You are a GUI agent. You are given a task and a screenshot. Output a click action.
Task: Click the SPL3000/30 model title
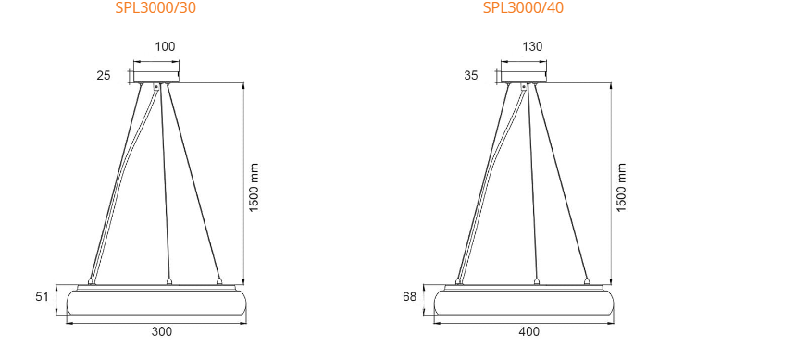click(x=155, y=9)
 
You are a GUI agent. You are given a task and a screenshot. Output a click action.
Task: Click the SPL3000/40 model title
click(x=523, y=9)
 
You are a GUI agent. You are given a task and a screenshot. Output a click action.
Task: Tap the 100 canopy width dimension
click(x=164, y=46)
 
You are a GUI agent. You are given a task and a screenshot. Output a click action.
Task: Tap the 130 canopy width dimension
click(x=532, y=46)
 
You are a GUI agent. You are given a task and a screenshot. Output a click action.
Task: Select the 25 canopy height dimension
click(x=103, y=75)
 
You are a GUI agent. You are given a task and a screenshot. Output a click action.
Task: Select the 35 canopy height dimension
click(x=471, y=75)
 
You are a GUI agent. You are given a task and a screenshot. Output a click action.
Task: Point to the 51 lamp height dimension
click(x=42, y=296)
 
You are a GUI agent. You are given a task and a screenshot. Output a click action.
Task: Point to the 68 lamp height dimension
click(x=410, y=296)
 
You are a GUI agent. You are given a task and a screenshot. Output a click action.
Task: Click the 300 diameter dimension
click(x=161, y=330)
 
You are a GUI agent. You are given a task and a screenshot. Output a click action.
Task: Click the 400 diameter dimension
click(x=528, y=330)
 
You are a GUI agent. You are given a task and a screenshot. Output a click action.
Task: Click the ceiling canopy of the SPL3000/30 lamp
click(x=155, y=72)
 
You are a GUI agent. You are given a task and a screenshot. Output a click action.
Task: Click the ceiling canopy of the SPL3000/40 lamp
click(x=524, y=72)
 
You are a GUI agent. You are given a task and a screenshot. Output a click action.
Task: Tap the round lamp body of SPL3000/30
click(x=155, y=302)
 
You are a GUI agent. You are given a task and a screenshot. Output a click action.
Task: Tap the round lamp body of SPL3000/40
click(x=524, y=302)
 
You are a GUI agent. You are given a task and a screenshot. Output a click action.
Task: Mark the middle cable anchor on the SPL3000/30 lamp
click(x=168, y=280)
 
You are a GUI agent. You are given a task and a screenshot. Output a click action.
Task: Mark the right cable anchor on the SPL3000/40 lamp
click(x=587, y=280)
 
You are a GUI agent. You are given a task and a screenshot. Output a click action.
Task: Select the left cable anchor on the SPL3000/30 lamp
click(x=91, y=280)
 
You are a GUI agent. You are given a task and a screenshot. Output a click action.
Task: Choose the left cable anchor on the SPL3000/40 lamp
click(x=459, y=280)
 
